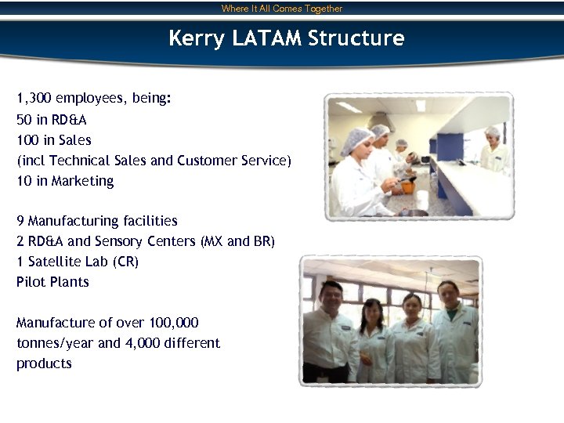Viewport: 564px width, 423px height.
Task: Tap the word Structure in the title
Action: point(356,38)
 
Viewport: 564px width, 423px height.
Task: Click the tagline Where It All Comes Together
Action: point(282,9)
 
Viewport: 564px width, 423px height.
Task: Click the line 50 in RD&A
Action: point(52,120)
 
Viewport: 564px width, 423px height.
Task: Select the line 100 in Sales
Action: point(54,140)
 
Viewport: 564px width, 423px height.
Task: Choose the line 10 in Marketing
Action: point(65,181)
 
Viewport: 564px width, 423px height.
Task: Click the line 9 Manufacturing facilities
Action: point(97,221)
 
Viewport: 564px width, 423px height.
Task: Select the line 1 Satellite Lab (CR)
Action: point(78,262)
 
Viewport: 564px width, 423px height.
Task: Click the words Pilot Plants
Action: point(52,282)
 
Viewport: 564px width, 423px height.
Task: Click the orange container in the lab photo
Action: point(409,187)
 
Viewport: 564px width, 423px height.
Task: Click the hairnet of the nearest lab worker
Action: point(356,134)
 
